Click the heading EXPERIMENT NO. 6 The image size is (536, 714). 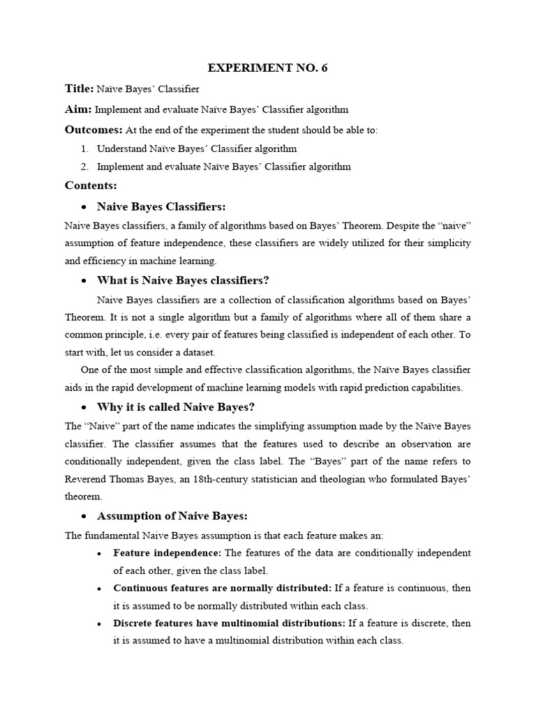[x=268, y=68]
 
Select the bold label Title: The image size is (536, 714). [x=79, y=89]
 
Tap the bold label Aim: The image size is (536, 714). [x=78, y=109]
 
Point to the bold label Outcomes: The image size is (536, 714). [x=94, y=130]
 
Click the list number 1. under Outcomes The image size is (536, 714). [x=84, y=149]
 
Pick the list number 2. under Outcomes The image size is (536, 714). [x=84, y=167]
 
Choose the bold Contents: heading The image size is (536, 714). [x=91, y=185]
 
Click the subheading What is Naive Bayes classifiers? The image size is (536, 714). [x=183, y=280]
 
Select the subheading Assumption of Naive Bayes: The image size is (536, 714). [x=172, y=516]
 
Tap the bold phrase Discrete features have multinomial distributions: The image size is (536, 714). [x=229, y=623]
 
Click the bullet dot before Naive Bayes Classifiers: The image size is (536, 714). [x=84, y=207]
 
